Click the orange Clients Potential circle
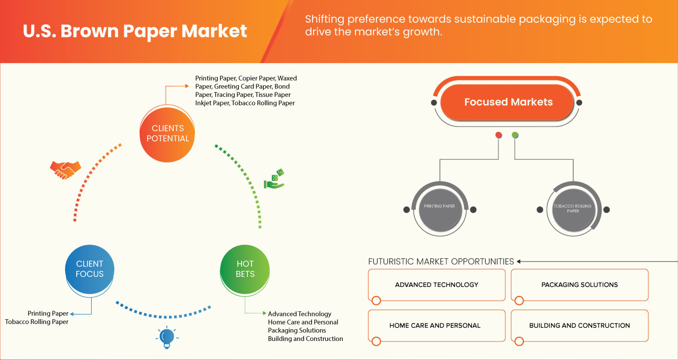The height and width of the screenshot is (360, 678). coord(167,133)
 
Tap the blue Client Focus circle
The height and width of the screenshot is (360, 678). coord(90,269)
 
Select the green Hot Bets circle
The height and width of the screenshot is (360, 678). coord(245,269)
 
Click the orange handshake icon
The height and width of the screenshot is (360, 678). coord(65,169)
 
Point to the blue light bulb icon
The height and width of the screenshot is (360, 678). coord(167,337)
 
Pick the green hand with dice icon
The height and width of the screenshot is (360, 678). coord(274,179)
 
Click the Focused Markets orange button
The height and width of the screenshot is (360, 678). coord(508,102)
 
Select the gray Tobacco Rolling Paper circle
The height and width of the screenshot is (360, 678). coord(573,209)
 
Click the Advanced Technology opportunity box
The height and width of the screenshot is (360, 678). coord(436,285)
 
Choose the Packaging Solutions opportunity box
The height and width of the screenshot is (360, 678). coord(579,285)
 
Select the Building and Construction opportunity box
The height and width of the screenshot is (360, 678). coord(579,326)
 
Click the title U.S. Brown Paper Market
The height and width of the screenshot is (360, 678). coord(135,31)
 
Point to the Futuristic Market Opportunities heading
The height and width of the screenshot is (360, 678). coord(441,262)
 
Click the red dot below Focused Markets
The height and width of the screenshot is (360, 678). coord(498,135)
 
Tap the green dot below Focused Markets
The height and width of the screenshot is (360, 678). coord(515,135)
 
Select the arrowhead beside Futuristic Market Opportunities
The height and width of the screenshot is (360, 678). coord(519,262)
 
